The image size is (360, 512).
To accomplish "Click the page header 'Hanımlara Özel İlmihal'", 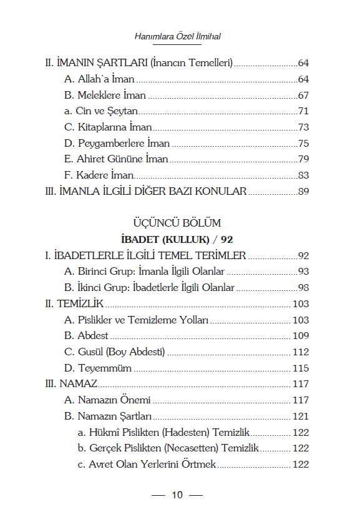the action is [x=178, y=37].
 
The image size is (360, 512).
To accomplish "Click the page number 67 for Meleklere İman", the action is [x=304, y=96].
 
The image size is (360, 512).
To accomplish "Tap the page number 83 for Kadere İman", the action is [x=304, y=175].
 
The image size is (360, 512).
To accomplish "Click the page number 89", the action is [x=304, y=191].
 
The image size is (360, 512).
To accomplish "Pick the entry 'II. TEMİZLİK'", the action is [x=74, y=303].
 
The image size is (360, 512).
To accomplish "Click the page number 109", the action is [x=301, y=336].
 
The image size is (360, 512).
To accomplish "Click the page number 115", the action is [x=301, y=368].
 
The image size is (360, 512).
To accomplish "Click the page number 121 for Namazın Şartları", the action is [x=301, y=416].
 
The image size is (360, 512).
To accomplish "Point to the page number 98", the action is [x=304, y=287].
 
